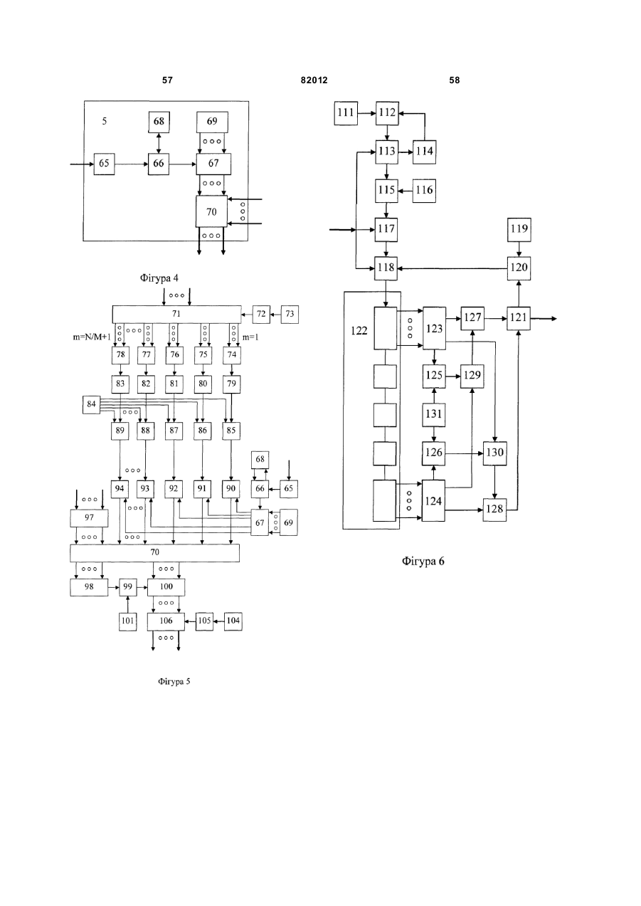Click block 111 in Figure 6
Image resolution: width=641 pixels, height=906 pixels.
(346, 113)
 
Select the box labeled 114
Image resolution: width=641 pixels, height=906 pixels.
(424, 152)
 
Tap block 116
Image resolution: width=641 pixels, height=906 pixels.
(424, 191)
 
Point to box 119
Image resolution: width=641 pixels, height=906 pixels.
(519, 229)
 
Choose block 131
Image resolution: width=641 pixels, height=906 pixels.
(434, 414)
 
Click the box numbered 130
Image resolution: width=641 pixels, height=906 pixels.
(495, 453)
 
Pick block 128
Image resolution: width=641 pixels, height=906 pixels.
(494, 509)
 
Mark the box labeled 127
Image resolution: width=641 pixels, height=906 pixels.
(473, 318)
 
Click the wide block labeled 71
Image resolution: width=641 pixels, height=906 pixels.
(176, 315)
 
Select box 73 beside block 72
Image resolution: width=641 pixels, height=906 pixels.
(290, 315)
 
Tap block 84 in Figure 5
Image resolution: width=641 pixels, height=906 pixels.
(91, 404)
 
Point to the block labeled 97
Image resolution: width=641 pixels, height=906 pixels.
(89, 518)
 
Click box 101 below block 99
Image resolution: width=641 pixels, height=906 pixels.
(128, 621)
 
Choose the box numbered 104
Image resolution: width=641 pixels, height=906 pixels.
(233, 621)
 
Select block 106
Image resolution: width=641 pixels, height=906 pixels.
(166, 621)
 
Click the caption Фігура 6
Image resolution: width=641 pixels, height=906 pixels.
(423, 562)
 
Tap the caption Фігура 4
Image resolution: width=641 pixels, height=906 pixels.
(159, 278)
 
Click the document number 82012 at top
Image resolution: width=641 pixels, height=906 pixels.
(314, 80)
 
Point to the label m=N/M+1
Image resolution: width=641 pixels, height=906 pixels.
(92, 337)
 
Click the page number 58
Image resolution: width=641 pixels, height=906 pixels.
(455, 80)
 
